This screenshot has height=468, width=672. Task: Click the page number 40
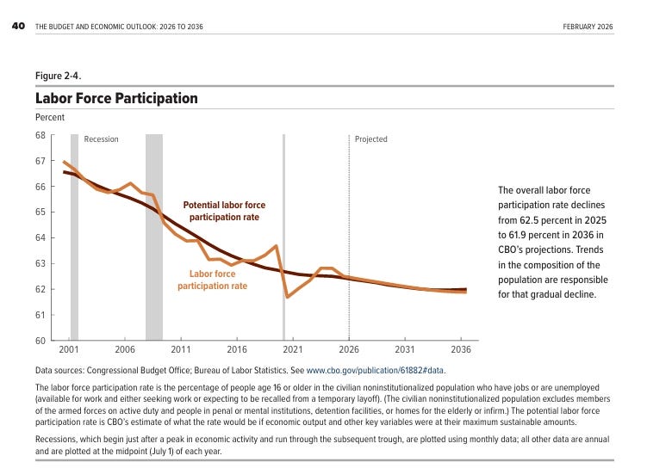point(18,26)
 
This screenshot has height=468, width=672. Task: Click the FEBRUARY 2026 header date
point(588,27)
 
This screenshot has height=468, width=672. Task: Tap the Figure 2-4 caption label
point(59,76)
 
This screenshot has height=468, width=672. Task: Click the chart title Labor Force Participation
point(116,98)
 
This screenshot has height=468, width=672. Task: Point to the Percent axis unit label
point(50,117)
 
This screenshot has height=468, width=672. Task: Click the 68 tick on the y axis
point(40,135)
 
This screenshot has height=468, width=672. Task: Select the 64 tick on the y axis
point(40,237)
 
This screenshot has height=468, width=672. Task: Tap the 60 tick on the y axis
point(40,341)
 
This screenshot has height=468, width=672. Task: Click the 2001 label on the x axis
point(69,349)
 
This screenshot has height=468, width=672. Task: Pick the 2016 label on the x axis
point(237,349)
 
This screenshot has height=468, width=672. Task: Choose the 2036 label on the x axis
point(461,349)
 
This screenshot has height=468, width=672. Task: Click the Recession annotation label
point(101,139)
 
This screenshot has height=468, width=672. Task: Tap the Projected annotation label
point(371,139)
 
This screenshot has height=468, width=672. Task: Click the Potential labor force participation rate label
point(224,211)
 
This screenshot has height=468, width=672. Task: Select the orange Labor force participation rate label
point(213,280)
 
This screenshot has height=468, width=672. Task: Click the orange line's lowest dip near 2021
point(287,297)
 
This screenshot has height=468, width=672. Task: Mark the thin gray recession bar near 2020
point(283,237)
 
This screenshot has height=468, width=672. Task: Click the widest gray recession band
point(154,237)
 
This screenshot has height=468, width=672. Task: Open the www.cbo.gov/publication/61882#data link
point(375,371)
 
